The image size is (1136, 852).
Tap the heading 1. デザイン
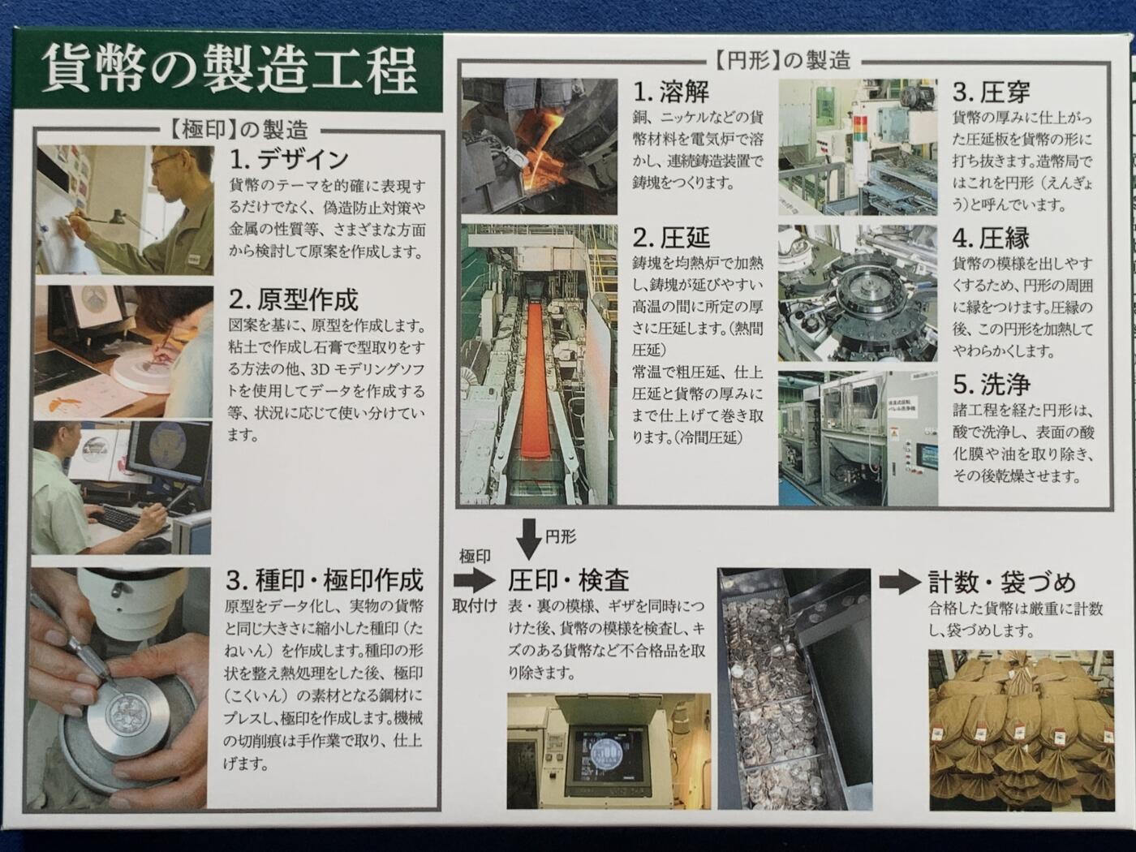[x=289, y=160]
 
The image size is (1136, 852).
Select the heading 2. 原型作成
[x=294, y=299]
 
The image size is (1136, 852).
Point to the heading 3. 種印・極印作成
[x=325, y=580]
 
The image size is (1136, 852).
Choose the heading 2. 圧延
[x=671, y=238]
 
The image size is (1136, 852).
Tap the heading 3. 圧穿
[x=991, y=92]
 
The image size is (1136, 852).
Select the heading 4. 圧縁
[x=991, y=238]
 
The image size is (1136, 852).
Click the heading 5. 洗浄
[x=991, y=383]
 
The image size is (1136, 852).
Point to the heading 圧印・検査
[x=568, y=580]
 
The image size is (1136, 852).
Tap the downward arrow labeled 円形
[x=528, y=539]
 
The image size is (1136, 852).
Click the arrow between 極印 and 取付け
[x=474, y=580]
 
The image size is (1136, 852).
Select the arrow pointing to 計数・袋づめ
[x=900, y=582]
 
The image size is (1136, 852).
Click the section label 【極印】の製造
[x=238, y=129]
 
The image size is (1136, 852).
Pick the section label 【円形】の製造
[x=782, y=60]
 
